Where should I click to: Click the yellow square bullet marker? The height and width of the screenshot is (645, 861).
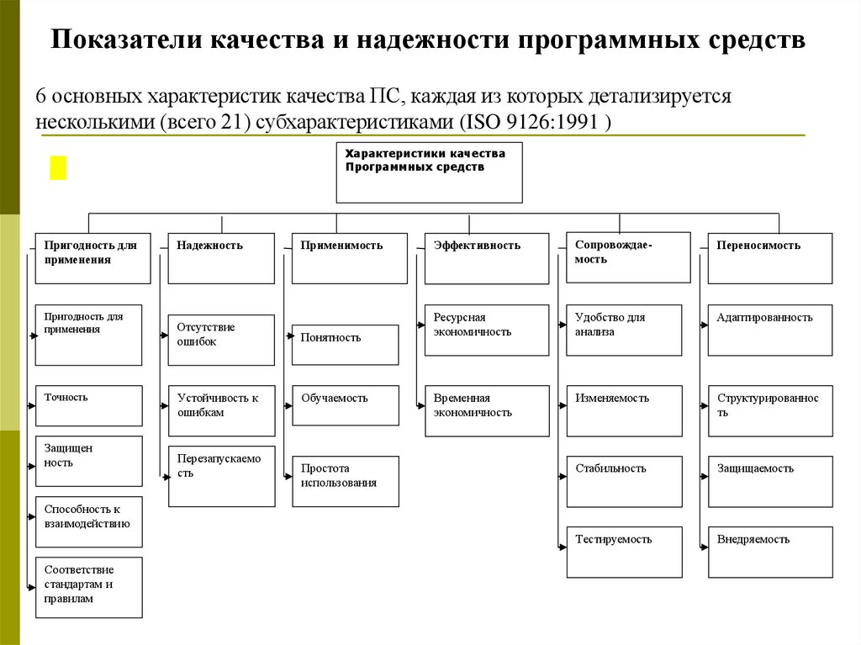58,167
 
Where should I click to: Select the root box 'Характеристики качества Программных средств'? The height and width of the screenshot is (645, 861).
429,172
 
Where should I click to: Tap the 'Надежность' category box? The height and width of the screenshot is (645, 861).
221,258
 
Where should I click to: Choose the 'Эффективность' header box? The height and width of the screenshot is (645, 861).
487,258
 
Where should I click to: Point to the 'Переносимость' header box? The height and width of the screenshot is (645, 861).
770,258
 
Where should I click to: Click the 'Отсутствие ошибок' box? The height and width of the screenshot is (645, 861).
221,340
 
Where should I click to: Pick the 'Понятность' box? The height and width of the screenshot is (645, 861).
345,344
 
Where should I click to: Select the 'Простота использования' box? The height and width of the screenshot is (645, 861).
345,481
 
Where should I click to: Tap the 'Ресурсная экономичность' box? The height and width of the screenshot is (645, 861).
487,330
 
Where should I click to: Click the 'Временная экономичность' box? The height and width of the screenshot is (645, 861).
487,410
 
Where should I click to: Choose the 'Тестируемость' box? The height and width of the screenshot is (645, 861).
624,552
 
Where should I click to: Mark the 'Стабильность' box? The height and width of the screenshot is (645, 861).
624,481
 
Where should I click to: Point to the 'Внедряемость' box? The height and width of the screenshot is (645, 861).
770,552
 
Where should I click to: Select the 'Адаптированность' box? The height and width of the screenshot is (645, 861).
770,330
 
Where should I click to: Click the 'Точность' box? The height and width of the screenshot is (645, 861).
88,405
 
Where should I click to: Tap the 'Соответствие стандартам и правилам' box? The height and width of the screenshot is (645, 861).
88,587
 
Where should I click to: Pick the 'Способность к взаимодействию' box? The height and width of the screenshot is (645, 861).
88,521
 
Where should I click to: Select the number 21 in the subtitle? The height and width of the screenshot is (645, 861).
230,121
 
